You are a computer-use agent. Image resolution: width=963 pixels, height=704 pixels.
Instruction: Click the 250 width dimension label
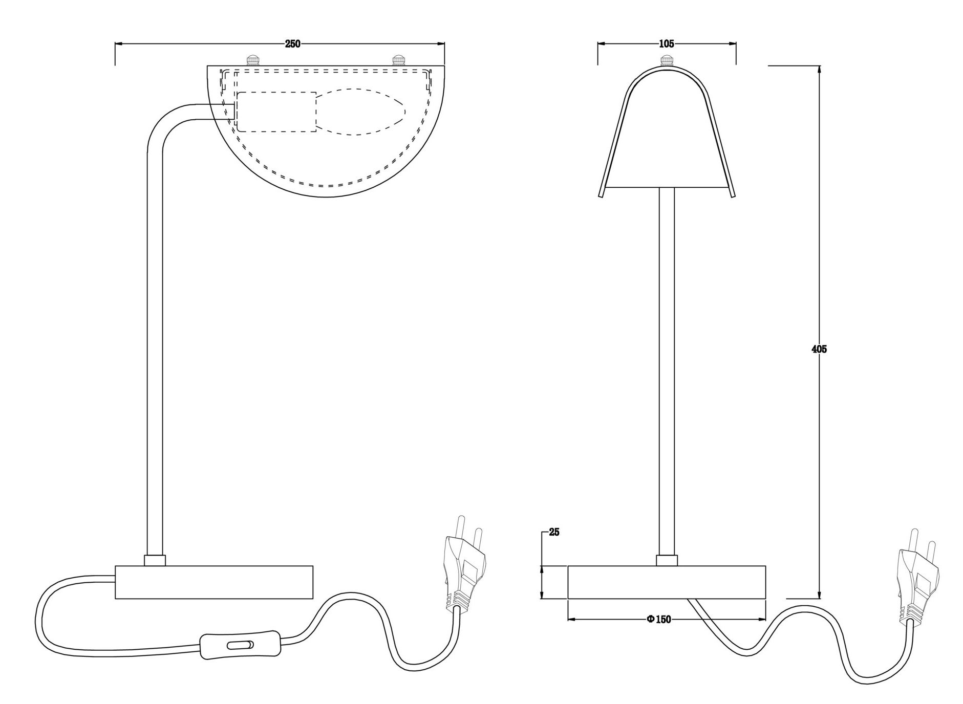click(x=292, y=44)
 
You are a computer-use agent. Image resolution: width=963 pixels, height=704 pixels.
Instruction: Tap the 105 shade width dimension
click(x=666, y=44)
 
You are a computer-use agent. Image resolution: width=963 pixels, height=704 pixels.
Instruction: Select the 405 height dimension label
click(x=819, y=349)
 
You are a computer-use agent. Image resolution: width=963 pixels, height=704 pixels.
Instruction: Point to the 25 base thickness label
click(x=554, y=532)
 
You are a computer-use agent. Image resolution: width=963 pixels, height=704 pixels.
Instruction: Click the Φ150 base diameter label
click(x=658, y=620)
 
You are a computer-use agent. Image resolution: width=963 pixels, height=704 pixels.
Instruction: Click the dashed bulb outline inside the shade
click(x=360, y=113)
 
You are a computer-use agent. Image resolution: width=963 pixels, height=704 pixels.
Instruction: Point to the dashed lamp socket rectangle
click(x=276, y=112)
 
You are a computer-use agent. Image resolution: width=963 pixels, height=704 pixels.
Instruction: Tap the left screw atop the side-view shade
click(x=252, y=60)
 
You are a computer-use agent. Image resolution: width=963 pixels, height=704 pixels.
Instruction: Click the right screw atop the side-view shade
click(x=398, y=60)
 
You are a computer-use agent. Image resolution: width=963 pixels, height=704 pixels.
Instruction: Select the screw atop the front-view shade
click(x=667, y=61)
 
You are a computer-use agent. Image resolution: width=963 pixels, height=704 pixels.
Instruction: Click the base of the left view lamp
click(x=214, y=582)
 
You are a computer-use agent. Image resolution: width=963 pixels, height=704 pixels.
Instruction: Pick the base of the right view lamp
click(x=667, y=582)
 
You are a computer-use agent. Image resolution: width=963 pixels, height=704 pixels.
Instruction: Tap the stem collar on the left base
click(x=155, y=560)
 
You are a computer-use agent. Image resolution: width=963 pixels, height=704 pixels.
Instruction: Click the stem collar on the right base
click(x=667, y=560)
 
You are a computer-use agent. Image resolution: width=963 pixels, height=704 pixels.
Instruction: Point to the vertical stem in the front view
click(x=667, y=371)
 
